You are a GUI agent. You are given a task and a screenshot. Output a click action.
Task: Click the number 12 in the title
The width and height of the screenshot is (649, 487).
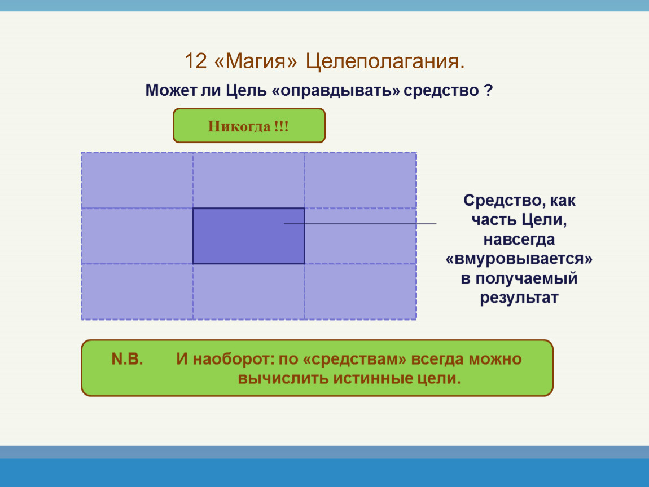(195, 61)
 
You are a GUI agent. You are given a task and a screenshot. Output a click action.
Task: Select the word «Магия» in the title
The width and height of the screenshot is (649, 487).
(256, 61)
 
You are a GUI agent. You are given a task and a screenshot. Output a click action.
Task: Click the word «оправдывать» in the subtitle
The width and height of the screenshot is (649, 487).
(336, 91)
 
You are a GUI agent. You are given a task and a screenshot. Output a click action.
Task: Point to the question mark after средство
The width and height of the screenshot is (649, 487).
(488, 91)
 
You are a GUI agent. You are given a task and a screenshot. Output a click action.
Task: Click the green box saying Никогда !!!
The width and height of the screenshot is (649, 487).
(249, 126)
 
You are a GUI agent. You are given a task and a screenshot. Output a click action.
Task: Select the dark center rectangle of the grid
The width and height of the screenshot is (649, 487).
(248, 236)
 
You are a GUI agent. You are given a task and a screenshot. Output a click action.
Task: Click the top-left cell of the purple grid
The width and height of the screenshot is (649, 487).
(137, 180)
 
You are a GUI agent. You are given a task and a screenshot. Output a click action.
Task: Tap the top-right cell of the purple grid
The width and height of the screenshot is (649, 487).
(361, 180)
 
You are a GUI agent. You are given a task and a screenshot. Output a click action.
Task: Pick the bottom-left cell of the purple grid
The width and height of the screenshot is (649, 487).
(137, 291)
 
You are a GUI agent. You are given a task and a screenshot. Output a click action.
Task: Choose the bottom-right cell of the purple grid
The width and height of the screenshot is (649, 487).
(361, 291)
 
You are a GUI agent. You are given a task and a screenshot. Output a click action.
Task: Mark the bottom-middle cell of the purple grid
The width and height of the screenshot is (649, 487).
(249, 291)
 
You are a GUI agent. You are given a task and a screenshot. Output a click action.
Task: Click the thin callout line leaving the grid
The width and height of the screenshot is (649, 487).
(360, 224)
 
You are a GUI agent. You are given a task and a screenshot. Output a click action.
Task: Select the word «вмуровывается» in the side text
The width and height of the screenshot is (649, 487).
(519, 259)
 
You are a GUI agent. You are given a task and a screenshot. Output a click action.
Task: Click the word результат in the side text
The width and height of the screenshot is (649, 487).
(519, 298)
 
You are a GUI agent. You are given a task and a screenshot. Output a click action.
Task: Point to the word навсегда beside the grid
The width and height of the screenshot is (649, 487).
(519, 240)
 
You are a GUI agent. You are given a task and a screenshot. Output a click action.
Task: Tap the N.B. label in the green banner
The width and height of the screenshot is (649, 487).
(127, 359)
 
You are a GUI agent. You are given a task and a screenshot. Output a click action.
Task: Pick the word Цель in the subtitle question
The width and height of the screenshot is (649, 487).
(246, 91)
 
